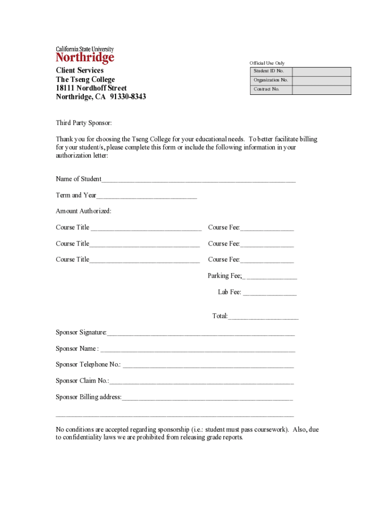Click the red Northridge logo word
tap(85, 58)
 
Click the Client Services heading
tap(79, 71)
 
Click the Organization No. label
tap(270, 80)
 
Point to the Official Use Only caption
tap(267, 63)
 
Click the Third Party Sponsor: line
tap(84, 123)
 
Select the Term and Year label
tap(76, 195)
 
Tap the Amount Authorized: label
tap(83, 211)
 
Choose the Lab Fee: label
tap(229, 293)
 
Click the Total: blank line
tap(263, 317)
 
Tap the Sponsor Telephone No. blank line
tap(208, 366)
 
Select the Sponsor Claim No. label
tap(82, 381)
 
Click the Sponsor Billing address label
tap(88, 397)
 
